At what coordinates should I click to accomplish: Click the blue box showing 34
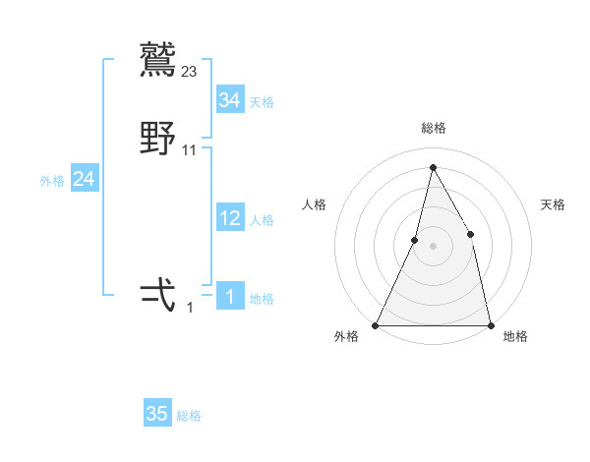coord(230,100)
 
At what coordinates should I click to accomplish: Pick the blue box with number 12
coord(230,218)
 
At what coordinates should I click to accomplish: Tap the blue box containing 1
coord(230,297)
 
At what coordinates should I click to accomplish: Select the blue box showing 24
coord(85,179)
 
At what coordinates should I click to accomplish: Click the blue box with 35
coord(157,414)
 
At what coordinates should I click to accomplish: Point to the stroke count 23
coord(190,71)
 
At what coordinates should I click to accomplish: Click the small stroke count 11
coord(190,150)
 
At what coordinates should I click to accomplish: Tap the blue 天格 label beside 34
coord(262,102)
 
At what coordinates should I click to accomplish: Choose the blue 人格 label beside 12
coord(262,220)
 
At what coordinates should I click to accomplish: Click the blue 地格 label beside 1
coord(262,299)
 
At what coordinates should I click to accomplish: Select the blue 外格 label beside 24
coord(52,181)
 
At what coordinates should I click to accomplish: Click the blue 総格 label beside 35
coord(189,416)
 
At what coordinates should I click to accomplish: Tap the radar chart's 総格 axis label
coord(434,128)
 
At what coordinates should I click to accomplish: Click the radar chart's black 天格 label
coord(554,204)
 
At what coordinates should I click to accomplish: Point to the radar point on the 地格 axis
coord(490,324)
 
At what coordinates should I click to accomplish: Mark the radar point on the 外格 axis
coord(376,324)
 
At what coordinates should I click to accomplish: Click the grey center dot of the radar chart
coord(433,246)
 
